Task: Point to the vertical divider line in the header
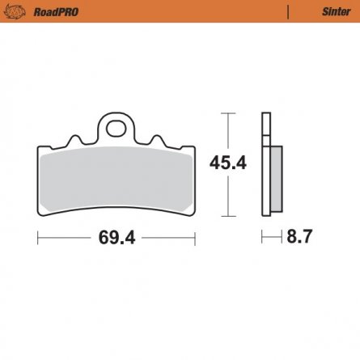pyautogui.click(x=290, y=11)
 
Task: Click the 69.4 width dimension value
pyautogui.click(x=117, y=239)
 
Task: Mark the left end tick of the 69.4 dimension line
pyautogui.click(x=37, y=239)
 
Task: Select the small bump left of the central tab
pyautogui.click(x=78, y=139)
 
